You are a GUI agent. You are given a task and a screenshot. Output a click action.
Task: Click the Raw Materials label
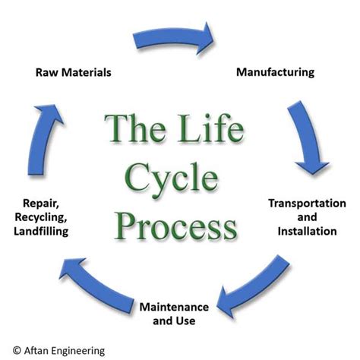point(74,73)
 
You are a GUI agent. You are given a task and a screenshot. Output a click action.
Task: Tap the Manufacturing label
point(274,73)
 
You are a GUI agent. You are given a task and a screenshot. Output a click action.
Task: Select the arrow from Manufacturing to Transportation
point(310,137)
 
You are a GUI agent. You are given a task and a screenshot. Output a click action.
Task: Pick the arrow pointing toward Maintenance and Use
point(254,285)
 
